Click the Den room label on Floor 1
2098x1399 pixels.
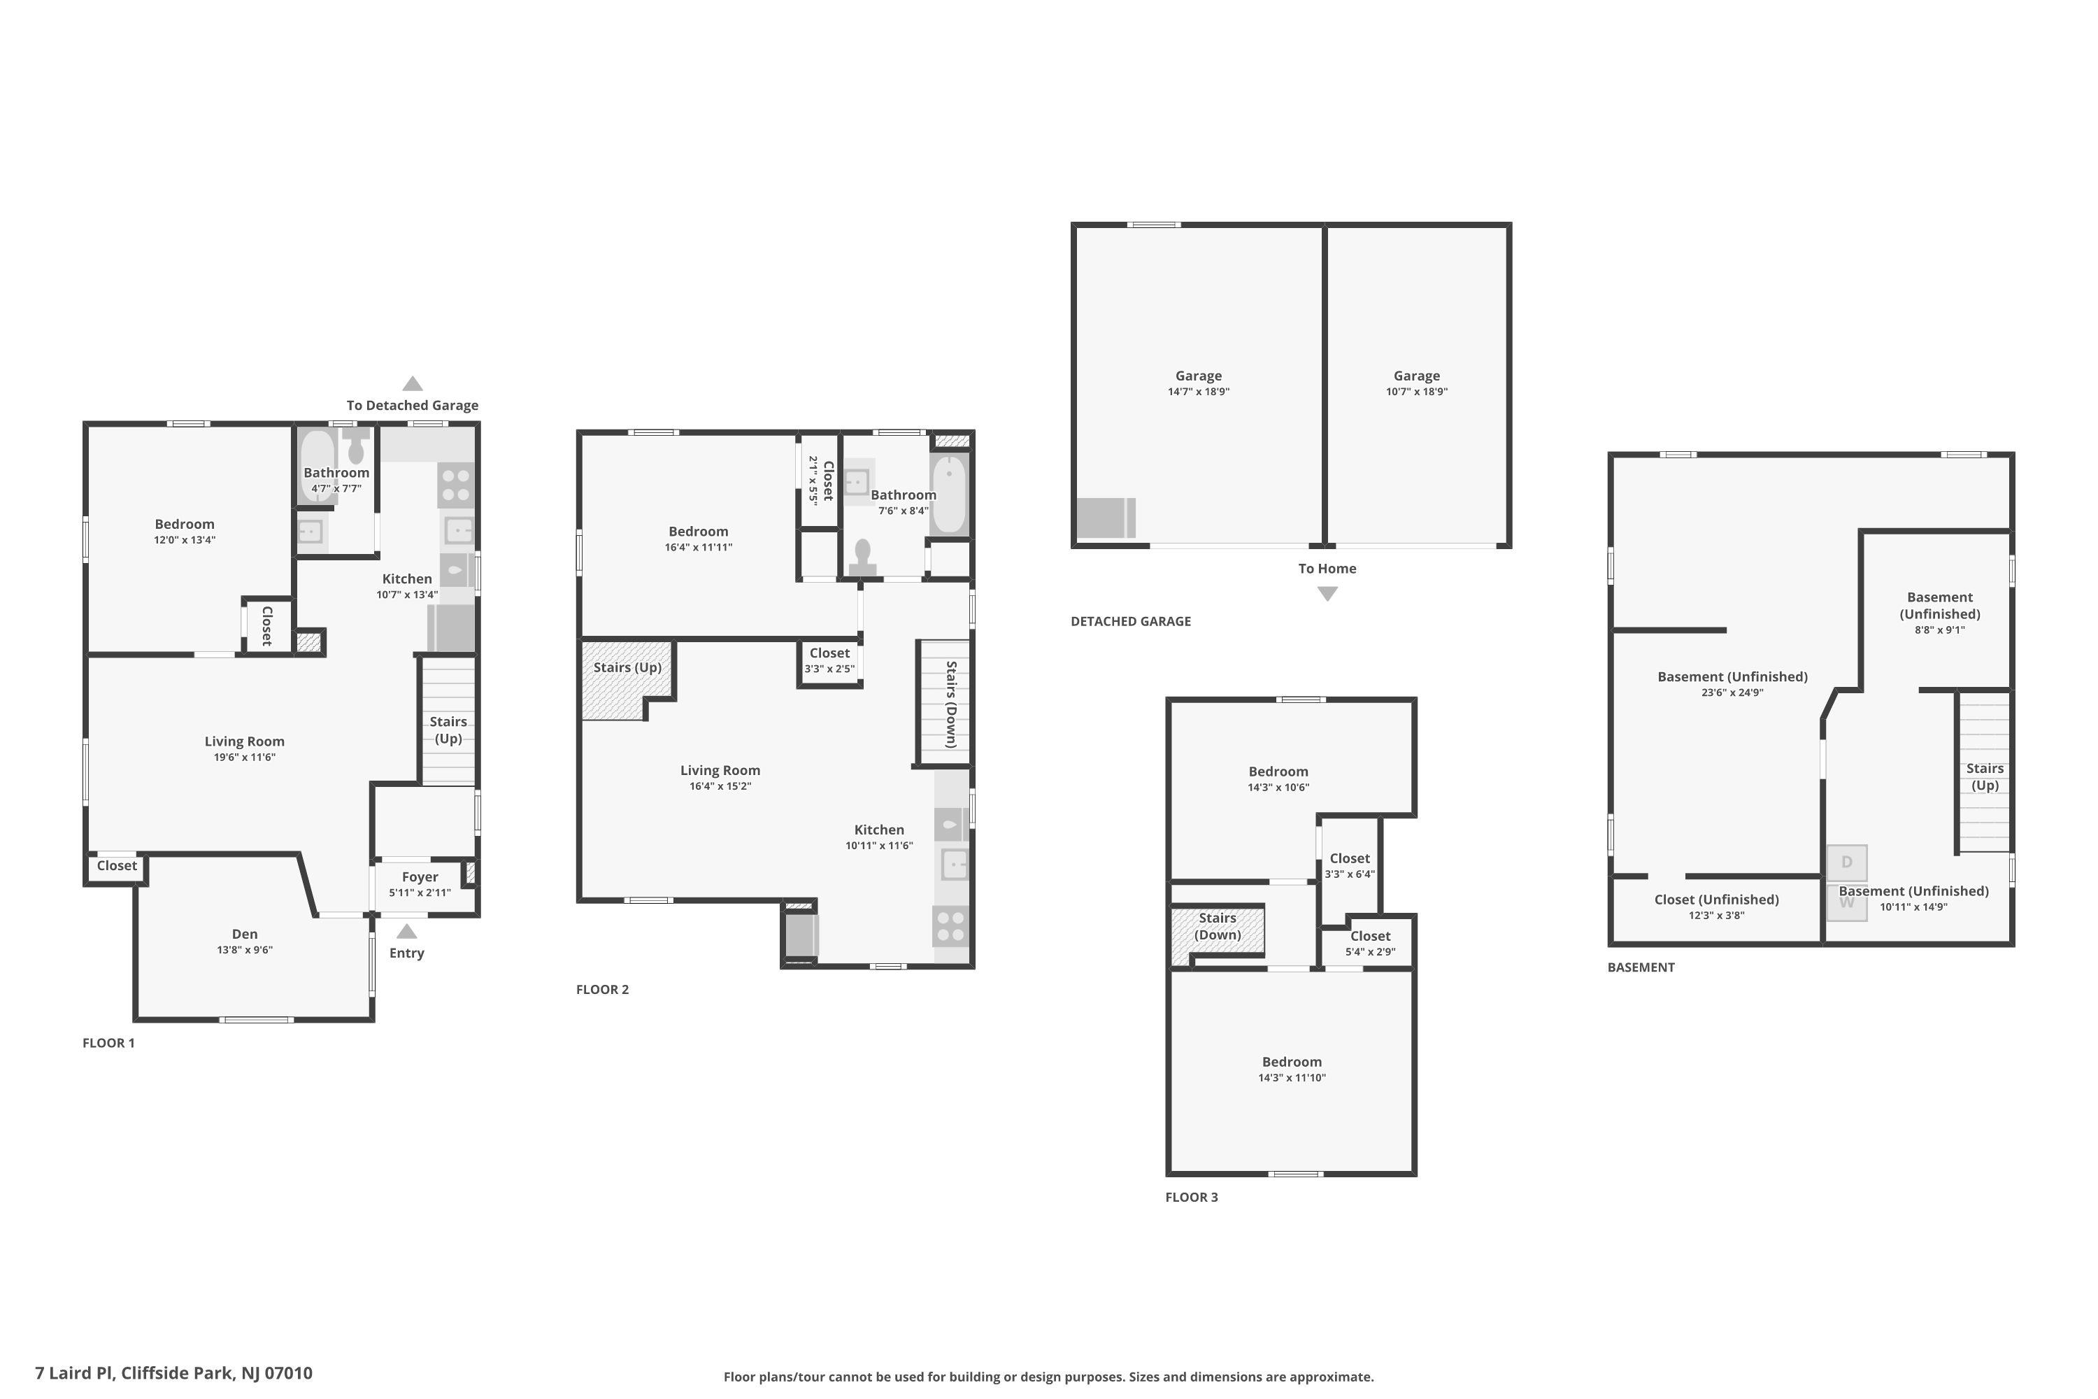click(244, 934)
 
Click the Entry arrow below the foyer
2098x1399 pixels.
click(407, 932)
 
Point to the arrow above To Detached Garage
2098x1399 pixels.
click(412, 383)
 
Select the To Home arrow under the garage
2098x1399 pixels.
click(1327, 594)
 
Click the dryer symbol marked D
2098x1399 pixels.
click(1846, 862)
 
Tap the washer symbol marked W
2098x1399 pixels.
click(1846, 903)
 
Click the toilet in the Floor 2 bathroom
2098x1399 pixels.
click(862, 558)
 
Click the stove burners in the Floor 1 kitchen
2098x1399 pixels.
click(456, 485)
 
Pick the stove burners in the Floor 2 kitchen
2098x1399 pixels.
click(951, 926)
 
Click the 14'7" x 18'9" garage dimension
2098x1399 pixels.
click(1198, 392)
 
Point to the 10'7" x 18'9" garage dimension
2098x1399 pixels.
click(1417, 392)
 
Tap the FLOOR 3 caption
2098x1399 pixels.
click(1191, 1198)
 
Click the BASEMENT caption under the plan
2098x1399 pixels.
click(1641, 967)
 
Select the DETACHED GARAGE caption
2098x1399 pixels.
click(1130, 621)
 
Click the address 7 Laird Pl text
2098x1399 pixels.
click(75, 1373)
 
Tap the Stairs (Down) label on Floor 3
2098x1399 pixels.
click(1218, 926)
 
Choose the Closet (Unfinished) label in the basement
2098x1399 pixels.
click(1716, 900)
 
